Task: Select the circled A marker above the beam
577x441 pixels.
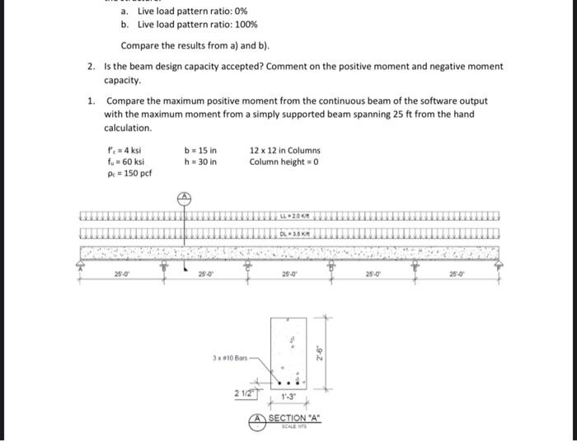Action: (x=185, y=198)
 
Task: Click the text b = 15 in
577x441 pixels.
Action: (x=201, y=151)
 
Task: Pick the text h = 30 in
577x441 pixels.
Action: (x=201, y=162)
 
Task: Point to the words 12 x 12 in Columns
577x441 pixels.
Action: (x=284, y=151)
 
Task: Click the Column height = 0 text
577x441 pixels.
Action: (x=284, y=162)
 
